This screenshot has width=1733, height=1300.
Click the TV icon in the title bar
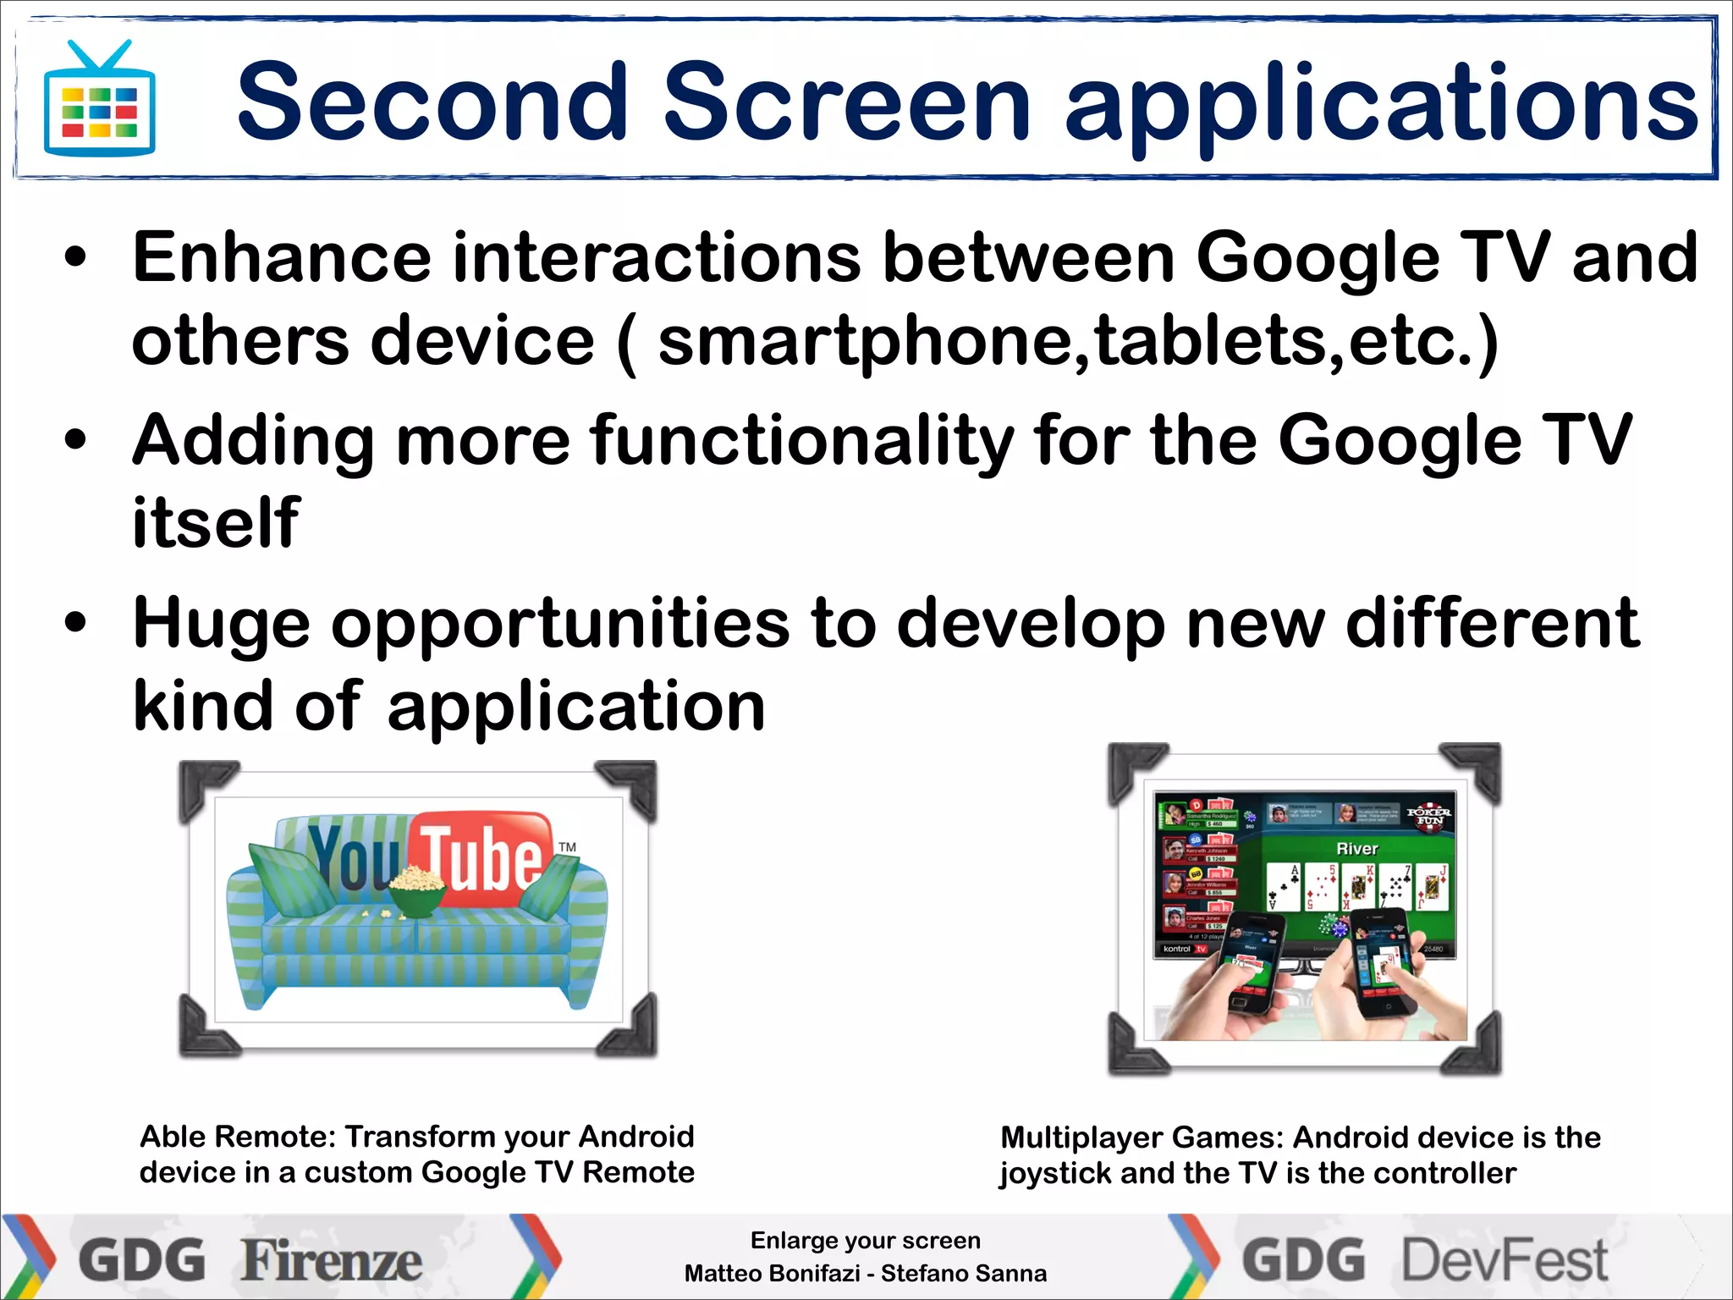(x=99, y=101)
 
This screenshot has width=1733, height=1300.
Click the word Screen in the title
(x=846, y=102)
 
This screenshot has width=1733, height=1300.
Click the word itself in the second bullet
(x=216, y=522)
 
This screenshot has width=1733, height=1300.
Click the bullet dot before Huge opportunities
(x=75, y=624)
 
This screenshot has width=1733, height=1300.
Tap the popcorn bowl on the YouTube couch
(x=415, y=890)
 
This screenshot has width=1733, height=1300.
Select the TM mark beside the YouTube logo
(x=567, y=846)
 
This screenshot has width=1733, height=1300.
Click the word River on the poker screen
(x=1356, y=848)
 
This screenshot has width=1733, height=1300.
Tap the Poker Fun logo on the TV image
(x=1429, y=816)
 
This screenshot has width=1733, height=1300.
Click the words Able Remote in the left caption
(x=235, y=1137)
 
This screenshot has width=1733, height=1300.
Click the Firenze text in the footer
(x=331, y=1260)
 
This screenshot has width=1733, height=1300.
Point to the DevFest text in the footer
(x=1505, y=1260)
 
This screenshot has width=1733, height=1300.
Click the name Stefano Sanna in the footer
(x=964, y=1273)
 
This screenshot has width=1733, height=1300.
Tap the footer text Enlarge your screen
(x=865, y=1240)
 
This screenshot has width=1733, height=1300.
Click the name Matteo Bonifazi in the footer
(x=771, y=1273)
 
